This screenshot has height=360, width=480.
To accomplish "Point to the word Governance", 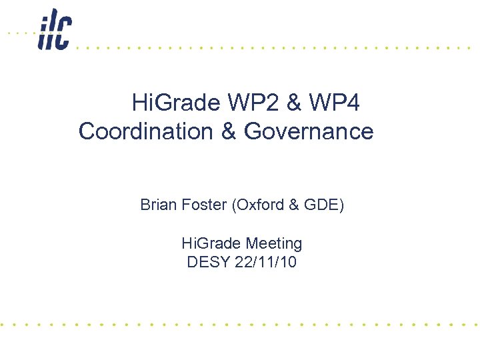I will coord(309,131).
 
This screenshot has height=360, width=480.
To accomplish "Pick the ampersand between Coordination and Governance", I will coord(227,131).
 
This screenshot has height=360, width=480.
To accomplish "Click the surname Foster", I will coord(203,205).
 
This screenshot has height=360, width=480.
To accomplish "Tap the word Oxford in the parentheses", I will coord(261,205).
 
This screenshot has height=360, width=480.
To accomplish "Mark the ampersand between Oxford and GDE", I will coord(293,205).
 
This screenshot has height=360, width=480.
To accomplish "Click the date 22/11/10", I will coord(266,262).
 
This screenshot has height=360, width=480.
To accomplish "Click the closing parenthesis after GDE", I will coord(341,205).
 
